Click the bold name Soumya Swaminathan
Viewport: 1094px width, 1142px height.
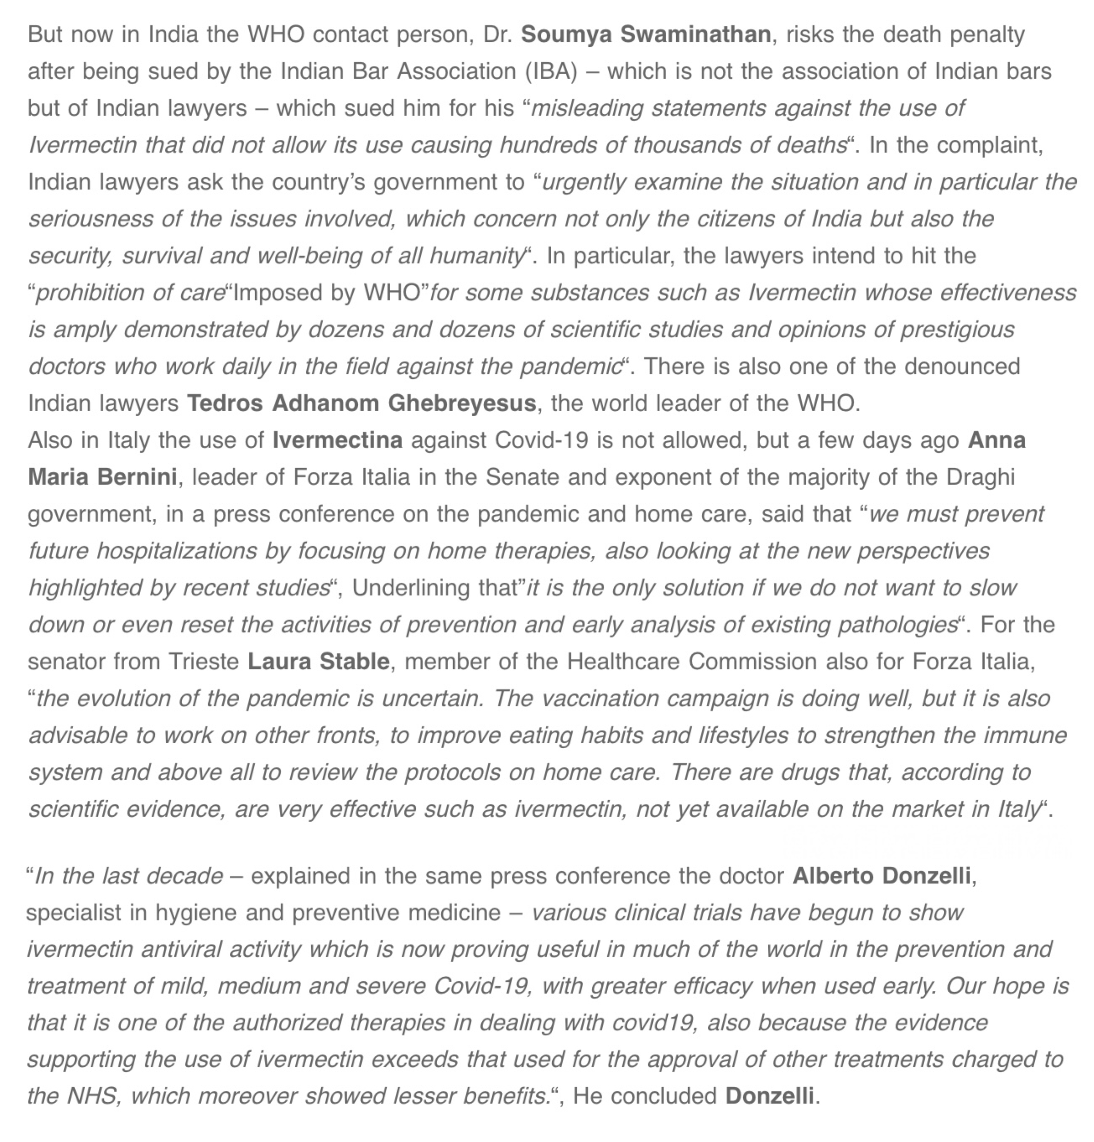[645, 34]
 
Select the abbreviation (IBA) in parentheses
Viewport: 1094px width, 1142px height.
[551, 71]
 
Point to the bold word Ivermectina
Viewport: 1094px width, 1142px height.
[337, 440]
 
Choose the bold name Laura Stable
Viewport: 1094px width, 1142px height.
[318, 661]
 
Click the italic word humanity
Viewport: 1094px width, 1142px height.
[477, 256]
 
